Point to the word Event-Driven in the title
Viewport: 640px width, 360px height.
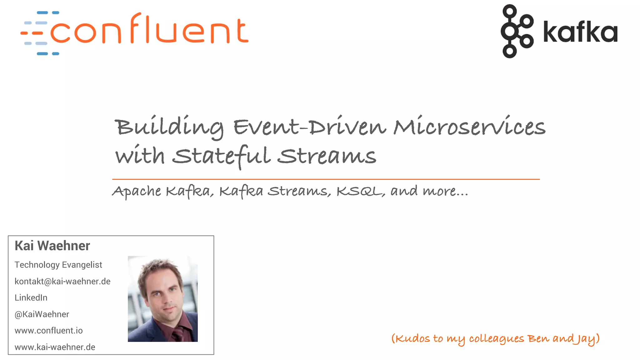tap(309, 127)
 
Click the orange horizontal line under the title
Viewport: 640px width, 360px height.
tap(326, 179)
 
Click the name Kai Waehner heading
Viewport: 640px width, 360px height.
tap(52, 246)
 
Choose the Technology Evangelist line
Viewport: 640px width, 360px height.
tap(58, 265)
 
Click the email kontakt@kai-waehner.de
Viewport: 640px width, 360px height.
tap(62, 282)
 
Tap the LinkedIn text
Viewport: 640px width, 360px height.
tap(31, 298)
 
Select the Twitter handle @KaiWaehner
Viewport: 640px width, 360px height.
tap(42, 314)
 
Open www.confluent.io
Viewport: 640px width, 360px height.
tap(49, 331)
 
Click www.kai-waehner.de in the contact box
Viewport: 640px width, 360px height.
tap(55, 347)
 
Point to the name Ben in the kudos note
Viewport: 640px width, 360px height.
tap(538, 339)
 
